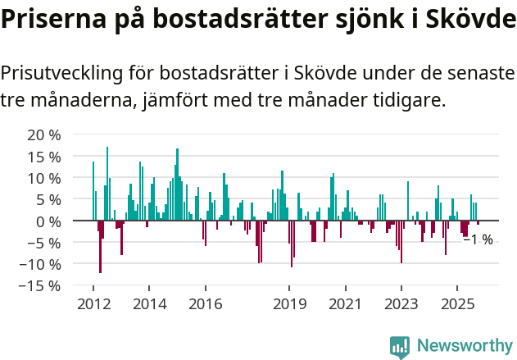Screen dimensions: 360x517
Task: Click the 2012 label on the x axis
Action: click(93, 304)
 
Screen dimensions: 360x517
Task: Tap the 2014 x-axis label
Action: click(149, 304)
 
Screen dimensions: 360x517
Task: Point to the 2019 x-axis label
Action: click(289, 304)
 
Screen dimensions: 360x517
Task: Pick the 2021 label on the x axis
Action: click(345, 304)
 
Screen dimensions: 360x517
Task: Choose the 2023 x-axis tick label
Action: click(401, 304)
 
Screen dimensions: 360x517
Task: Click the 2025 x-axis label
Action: click(457, 304)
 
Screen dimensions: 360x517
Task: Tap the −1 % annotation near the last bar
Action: click(478, 240)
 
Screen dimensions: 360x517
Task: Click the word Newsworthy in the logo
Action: click(464, 345)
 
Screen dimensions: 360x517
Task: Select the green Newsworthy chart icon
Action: click(400, 346)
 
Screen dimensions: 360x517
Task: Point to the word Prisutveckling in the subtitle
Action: click(61, 73)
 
